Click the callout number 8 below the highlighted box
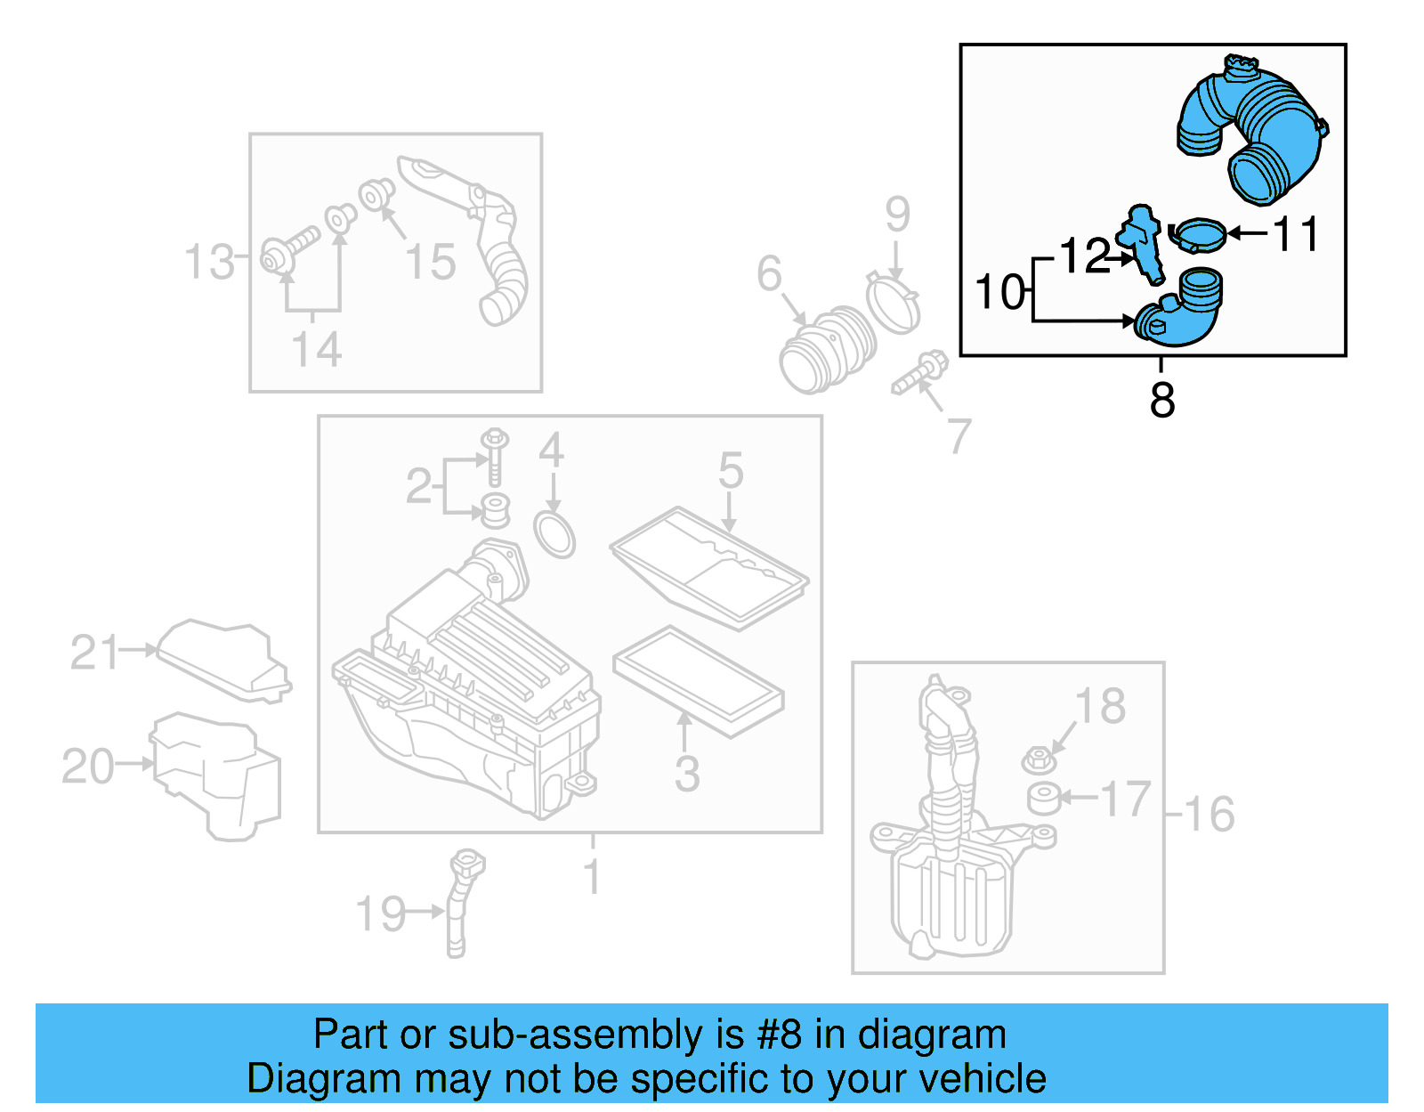tap(1161, 400)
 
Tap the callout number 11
tap(1296, 234)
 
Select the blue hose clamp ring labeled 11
tap(1197, 235)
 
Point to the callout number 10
tap(999, 292)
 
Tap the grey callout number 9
tap(897, 215)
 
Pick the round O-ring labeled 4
tap(554, 533)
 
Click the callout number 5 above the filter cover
tap(730, 469)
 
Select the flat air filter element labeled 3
tap(699, 681)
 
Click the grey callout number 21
tap(93, 653)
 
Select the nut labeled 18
tap(1038, 760)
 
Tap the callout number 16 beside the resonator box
tap(1210, 814)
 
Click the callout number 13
tap(208, 262)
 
